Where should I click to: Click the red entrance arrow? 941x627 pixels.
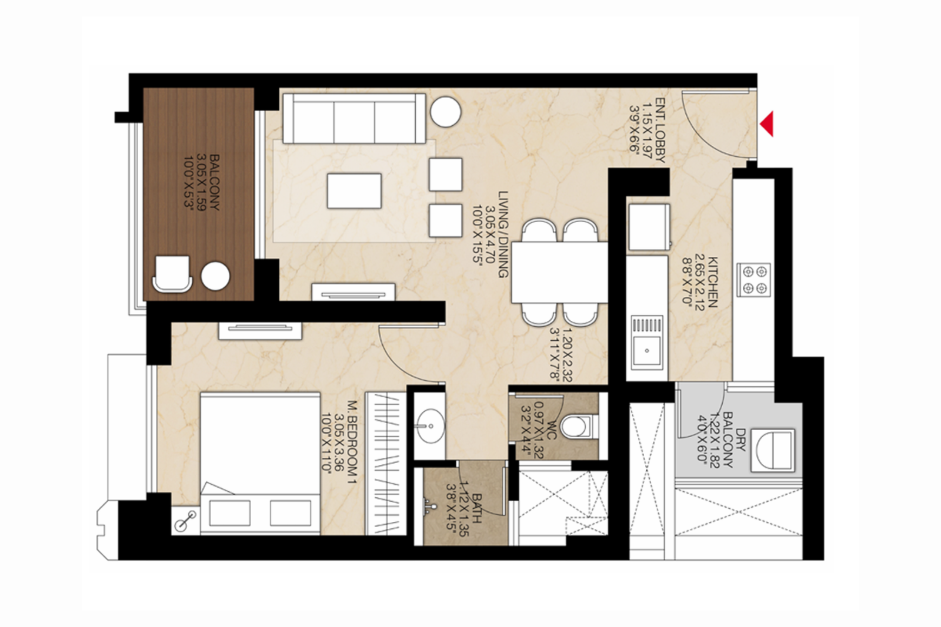pos(766,124)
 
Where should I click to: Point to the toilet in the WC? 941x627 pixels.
pos(574,426)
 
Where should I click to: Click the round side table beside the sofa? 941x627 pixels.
pos(445,111)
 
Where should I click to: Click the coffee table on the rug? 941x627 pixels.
pos(354,190)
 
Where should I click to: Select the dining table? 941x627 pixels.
pos(559,272)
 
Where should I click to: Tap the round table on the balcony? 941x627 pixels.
pos(215,276)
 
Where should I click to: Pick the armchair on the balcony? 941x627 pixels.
pos(172,273)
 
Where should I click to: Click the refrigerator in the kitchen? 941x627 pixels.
pos(649,227)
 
